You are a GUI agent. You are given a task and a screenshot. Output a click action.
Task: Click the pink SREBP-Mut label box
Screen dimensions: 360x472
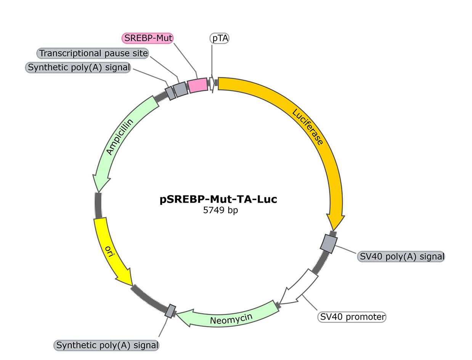tap(147, 38)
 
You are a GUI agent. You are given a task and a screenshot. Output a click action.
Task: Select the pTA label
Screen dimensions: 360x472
tap(219, 38)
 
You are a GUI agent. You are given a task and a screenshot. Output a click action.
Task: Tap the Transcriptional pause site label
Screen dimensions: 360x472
tap(93, 53)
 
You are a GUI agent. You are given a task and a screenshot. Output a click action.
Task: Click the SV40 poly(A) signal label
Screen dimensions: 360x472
tap(401, 256)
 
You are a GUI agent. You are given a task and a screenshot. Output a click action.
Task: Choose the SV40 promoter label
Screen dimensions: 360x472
tap(352, 317)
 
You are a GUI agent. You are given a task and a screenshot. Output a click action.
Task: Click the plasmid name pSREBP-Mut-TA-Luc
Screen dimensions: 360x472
tap(218, 199)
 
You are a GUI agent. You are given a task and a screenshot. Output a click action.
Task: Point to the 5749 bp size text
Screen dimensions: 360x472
tap(221, 210)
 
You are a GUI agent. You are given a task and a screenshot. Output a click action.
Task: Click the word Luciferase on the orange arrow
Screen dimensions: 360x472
tap(308, 127)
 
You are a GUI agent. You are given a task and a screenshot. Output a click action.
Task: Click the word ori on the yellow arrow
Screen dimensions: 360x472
tap(110, 251)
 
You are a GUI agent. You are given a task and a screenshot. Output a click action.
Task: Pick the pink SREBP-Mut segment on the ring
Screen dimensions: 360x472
tap(197, 85)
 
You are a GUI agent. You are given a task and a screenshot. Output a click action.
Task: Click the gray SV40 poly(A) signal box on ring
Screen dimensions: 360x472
tap(329, 243)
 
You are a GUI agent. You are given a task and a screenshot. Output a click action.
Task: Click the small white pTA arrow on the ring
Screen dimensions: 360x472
tap(211, 84)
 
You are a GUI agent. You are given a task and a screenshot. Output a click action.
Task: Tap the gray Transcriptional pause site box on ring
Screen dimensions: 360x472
tap(180, 90)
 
